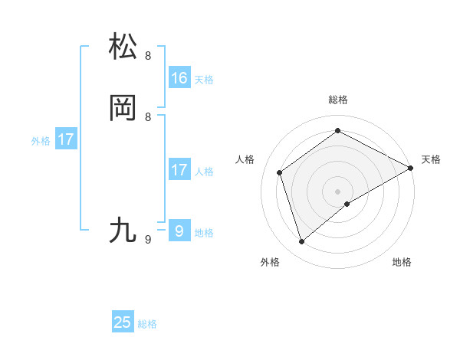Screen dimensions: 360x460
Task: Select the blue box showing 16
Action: click(x=179, y=78)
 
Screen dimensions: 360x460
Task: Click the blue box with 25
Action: click(x=123, y=322)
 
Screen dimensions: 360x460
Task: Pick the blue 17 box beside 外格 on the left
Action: click(x=66, y=139)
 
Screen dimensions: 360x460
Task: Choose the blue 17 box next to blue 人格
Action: click(x=179, y=170)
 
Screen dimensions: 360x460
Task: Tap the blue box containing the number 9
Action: click(x=179, y=231)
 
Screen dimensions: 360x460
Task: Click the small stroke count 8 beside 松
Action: click(x=148, y=56)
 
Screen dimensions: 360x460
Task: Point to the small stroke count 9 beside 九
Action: click(x=148, y=240)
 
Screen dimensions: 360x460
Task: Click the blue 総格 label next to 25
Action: click(x=147, y=324)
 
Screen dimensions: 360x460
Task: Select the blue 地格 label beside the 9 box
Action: click(x=204, y=233)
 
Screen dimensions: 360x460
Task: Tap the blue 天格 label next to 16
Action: click(x=204, y=80)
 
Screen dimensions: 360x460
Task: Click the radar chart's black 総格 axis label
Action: click(x=337, y=100)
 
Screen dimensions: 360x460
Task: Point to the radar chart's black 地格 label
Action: click(x=402, y=262)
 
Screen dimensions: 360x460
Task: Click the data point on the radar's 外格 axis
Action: click(x=302, y=242)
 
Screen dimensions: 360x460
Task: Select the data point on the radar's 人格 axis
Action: click(x=280, y=172)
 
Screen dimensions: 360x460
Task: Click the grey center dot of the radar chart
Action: click(x=337, y=191)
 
